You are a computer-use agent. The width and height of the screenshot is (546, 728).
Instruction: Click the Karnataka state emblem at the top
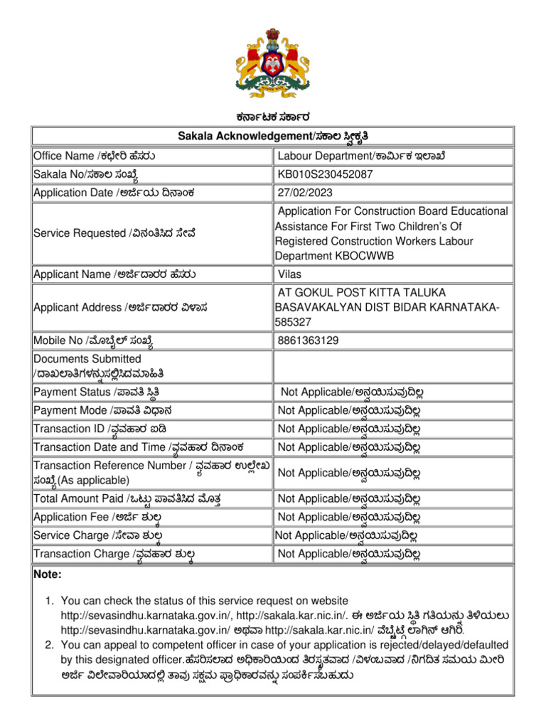[273, 63]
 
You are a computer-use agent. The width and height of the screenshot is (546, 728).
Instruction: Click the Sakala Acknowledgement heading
[273, 136]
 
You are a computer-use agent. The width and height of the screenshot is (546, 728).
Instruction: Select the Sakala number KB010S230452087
[325, 174]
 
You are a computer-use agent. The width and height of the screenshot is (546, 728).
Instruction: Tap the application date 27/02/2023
[306, 193]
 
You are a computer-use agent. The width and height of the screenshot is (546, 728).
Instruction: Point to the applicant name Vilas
[290, 274]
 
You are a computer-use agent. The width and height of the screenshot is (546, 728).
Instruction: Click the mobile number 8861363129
[309, 341]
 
